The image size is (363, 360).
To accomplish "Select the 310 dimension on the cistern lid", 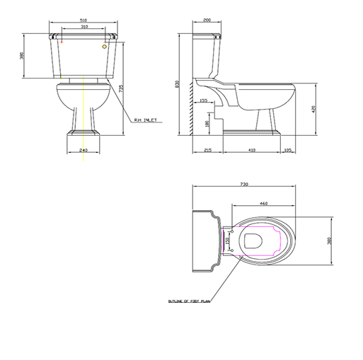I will click(x=85, y=28).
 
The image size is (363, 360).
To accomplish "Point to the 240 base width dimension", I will click(x=83, y=151).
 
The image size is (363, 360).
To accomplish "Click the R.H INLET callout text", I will click(x=145, y=120).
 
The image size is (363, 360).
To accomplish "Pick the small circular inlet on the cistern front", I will click(x=105, y=47).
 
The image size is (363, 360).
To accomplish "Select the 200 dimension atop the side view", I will click(x=205, y=21).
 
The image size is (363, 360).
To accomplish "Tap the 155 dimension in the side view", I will click(x=204, y=101).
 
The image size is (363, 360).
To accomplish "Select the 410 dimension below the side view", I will click(x=252, y=151).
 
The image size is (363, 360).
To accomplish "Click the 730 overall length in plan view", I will click(x=244, y=184).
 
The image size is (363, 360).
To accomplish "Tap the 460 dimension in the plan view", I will click(x=263, y=204).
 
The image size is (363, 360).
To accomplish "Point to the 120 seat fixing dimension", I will click(x=227, y=241).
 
